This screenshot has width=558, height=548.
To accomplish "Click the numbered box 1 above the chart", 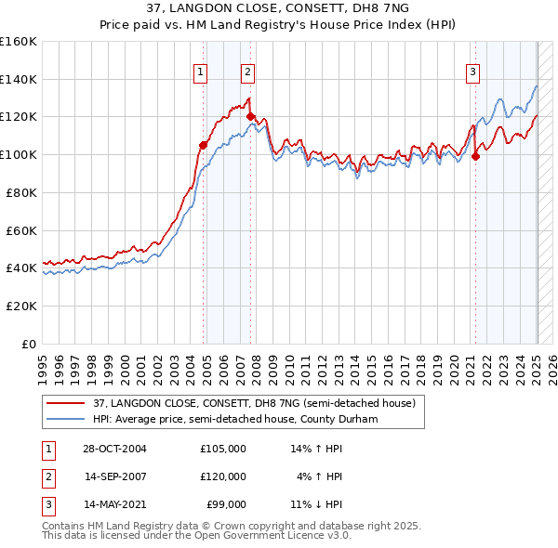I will click(201, 72).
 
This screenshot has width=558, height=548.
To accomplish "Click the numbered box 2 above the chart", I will click(247, 72).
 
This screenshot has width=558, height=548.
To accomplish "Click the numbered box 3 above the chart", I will click(472, 72).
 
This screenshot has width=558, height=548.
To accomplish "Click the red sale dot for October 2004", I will click(203, 145).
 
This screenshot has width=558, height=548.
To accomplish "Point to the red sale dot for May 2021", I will click(475, 156).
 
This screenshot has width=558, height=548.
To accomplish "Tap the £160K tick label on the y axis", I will click(19, 42).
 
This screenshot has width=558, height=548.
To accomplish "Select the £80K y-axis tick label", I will click(21, 192).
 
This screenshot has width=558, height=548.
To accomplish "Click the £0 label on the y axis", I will click(30, 344).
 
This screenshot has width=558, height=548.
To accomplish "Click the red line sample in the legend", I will click(64, 403).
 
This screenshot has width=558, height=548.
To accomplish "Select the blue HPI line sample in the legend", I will click(64, 419).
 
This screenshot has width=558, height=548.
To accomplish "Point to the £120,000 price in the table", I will click(223, 476).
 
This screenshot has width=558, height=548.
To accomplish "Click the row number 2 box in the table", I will click(46, 476).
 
